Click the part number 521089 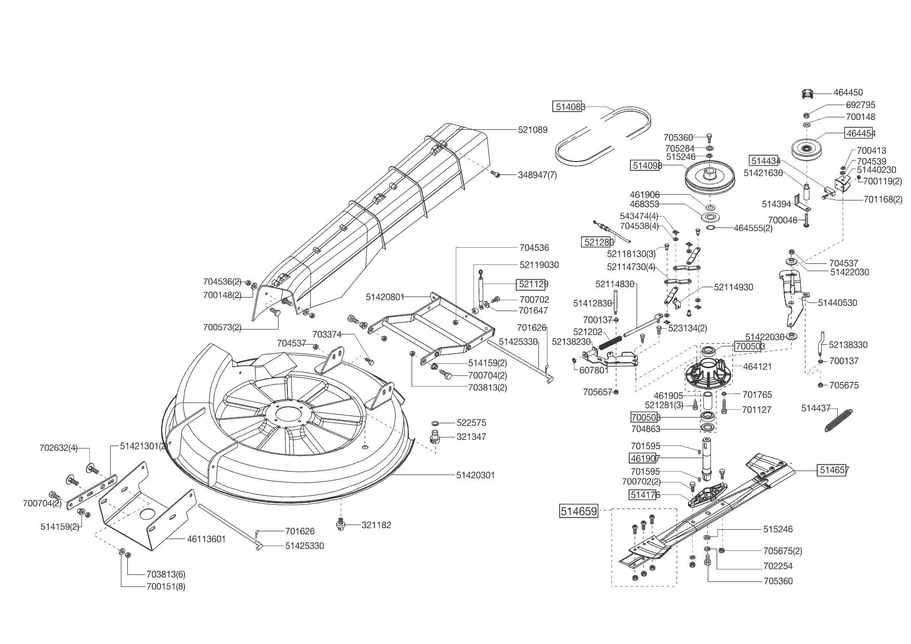coord(533,130)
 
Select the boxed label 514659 coord(578,511)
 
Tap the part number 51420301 coord(476,475)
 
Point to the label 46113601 coord(206,539)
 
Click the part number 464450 coord(848,93)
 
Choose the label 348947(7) coord(537,175)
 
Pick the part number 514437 coord(816,409)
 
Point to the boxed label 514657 coord(834,470)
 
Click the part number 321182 coord(376,525)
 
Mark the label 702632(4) coord(59,448)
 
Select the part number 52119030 coord(539,265)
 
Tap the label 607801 coord(594,371)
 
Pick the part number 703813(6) coord(166,574)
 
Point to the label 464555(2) coord(753,228)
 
